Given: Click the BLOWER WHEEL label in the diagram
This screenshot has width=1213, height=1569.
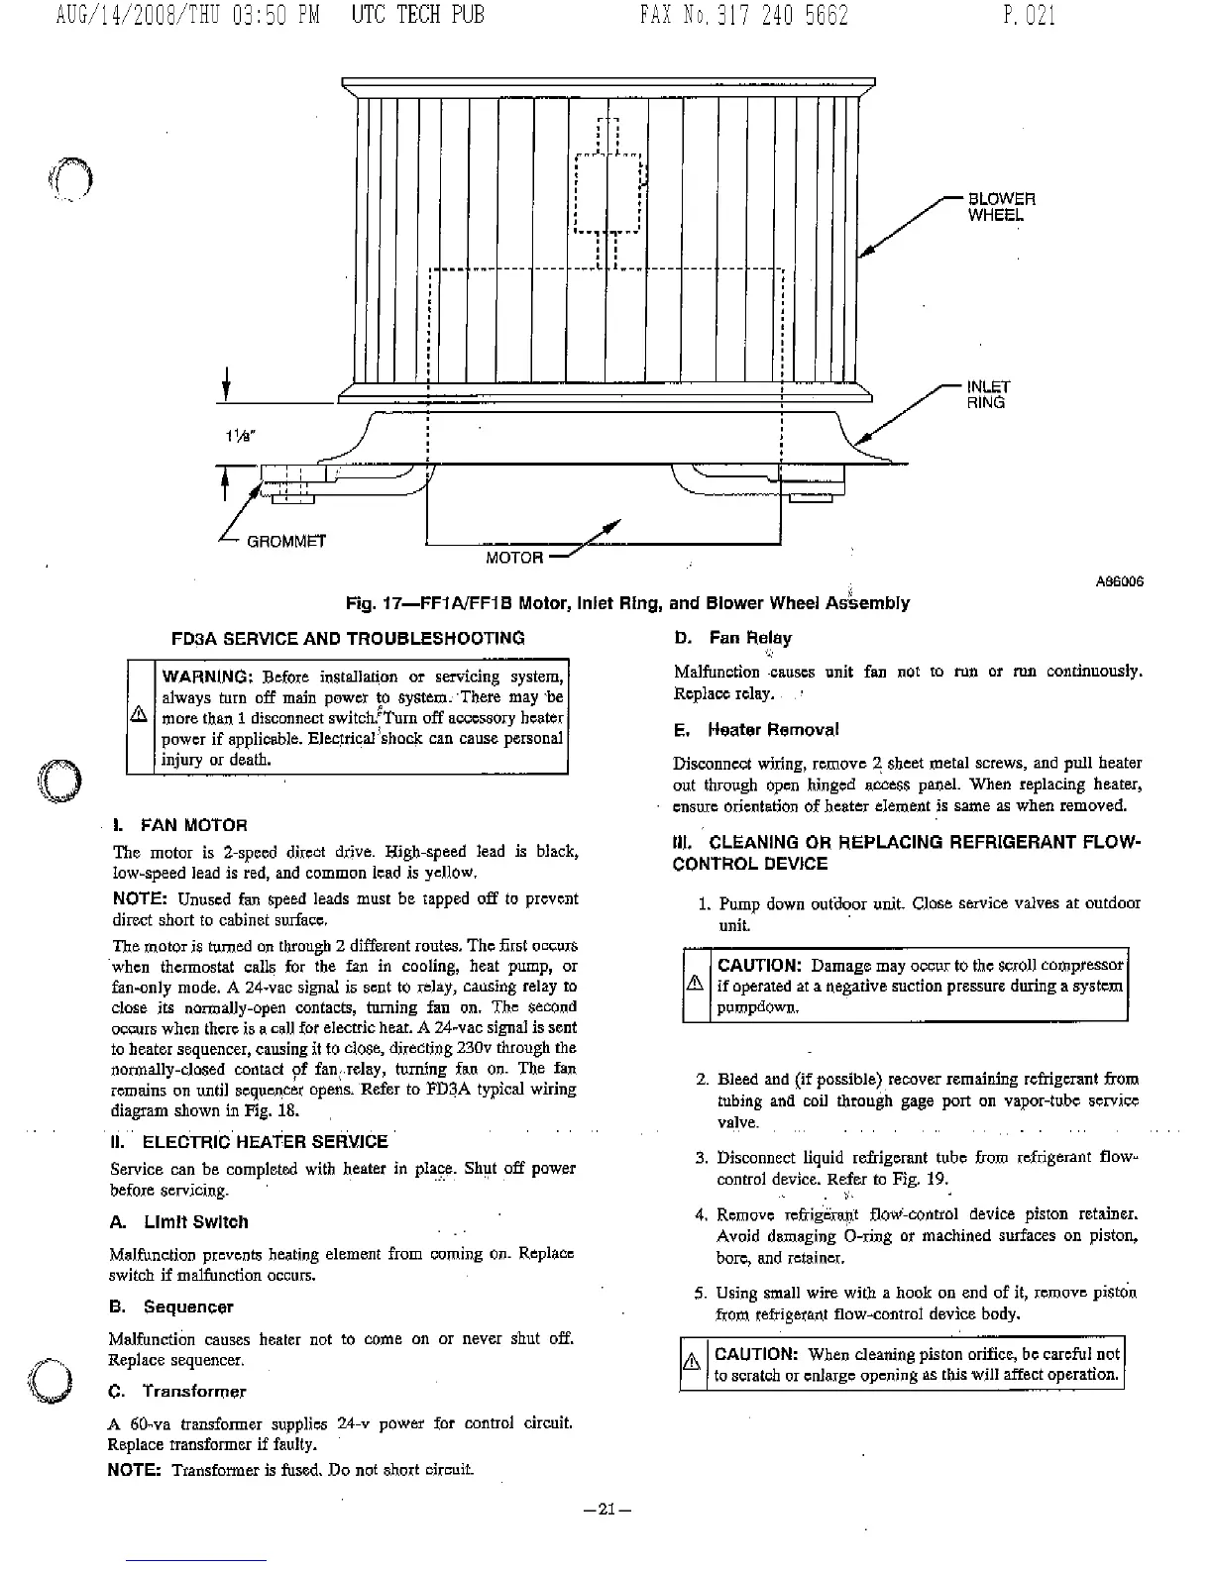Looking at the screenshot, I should coord(1001,206).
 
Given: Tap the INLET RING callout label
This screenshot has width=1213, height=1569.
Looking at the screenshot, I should coord(988,394).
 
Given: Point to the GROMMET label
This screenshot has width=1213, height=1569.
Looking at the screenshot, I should coord(286,542).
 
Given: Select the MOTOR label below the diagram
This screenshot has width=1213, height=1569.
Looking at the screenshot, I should coord(514,558).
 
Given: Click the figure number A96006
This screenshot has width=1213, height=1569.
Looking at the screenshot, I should coord(1119,582).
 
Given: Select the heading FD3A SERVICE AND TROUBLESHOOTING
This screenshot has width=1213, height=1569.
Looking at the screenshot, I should coord(348,638).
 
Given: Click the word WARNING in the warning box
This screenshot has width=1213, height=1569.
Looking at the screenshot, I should coord(206,678).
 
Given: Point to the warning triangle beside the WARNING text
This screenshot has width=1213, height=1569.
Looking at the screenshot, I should coord(142,717).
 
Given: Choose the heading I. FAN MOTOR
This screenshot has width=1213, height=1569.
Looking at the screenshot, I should coord(179,825).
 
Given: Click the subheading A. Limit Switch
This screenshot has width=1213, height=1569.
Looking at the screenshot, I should coord(178,1222).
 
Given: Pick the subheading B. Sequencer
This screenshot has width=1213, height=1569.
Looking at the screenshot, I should coord(170,1307).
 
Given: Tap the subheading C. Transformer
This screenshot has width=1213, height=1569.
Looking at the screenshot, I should coord(176,1391).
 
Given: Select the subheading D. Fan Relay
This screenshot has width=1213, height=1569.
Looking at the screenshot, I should coord(732,638).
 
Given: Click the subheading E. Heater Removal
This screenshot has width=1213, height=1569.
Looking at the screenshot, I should coord(755,730).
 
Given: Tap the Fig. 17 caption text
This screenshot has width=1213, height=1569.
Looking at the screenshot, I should coord(626,603).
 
